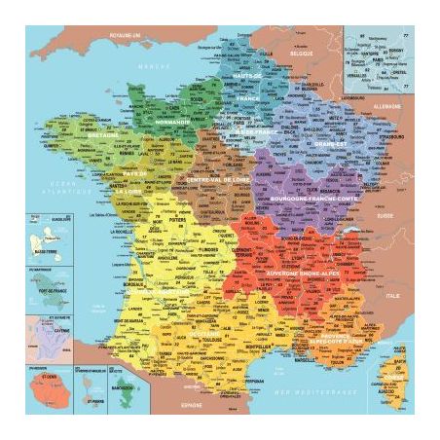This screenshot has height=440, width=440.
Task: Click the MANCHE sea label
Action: [x=147, y=65]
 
